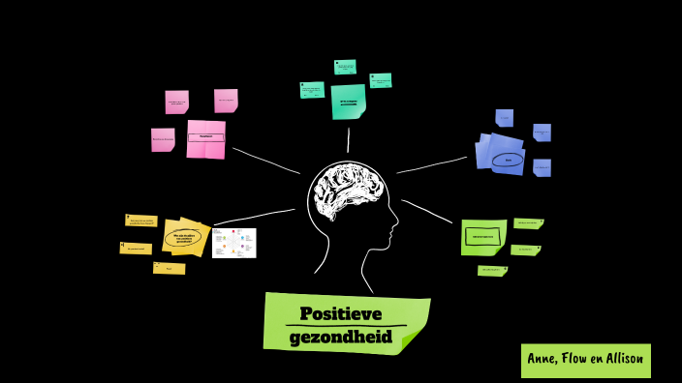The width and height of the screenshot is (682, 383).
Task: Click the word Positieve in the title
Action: pyautogui.click(x=340, y=314)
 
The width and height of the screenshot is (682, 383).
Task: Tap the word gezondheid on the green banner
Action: pyautogui.click(x=340, y=337)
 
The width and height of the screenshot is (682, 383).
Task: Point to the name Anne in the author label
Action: pyautogui.click(x=542, y=359)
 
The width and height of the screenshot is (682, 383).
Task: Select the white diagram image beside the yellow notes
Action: pyautogui.click(x=234, y=243)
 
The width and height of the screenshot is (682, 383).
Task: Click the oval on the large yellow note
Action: pyautogui.click(x=183, y=237)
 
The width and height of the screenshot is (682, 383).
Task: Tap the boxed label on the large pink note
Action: pyautogui.click(x=205, y=137)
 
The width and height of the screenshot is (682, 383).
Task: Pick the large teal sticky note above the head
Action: pyautogui.click(x=348, y=102)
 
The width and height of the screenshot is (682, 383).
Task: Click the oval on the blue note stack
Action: pyautogui.click(x=508, y=160)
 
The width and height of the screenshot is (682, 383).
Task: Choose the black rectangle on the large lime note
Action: pyautogui.click(x=481, y=236)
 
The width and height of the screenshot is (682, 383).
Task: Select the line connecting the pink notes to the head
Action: pyautogui.click(x=266, y=161)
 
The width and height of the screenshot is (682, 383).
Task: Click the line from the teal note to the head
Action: pyautogui.click(x=348, y=140)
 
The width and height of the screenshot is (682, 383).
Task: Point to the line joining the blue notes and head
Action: pyautogui.click(x=432, y=164)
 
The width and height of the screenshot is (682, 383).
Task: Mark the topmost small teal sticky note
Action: pyautogui.click(x=345, y=67)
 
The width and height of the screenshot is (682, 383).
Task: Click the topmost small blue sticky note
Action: pyautogui.click(x=505, y=118)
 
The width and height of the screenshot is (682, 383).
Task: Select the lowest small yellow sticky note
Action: pyautogui.click(x=169, y=268)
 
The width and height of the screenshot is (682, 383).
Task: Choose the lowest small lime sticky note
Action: pyautogui.click(x=492, y=271)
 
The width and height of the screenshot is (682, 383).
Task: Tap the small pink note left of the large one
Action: pyautogui.click(x=163, y=140)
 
